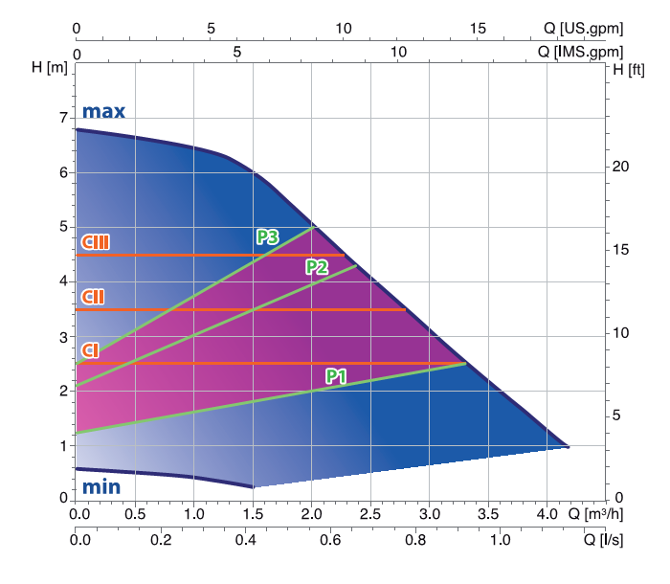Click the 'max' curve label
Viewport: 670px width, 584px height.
click(103, 111)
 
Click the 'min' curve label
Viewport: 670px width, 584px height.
click(100, 487)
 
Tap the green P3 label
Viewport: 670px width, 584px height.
click(267, 237)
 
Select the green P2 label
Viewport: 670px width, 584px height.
click(317, 266)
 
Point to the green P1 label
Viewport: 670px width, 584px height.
click(336, 376)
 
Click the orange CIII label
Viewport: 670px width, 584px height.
click(95, 241)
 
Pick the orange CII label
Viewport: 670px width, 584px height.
click(93, 296)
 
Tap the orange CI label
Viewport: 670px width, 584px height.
click(90, 350)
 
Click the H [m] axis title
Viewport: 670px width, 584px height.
click(49, 68)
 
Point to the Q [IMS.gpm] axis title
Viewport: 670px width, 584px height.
click(580, 51)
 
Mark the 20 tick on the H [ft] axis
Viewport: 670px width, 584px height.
click(621, 167)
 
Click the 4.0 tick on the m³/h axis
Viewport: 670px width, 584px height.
click(547, 513)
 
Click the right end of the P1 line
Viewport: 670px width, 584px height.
click(466, 364)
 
